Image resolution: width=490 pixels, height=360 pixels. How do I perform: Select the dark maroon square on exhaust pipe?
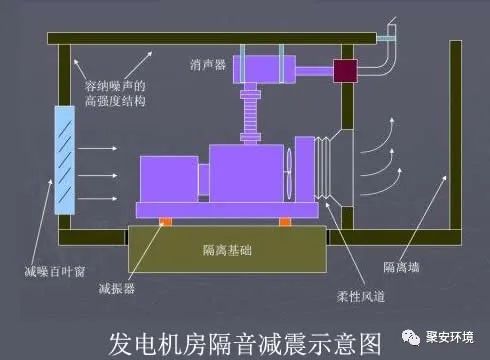tap(346, 69)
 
